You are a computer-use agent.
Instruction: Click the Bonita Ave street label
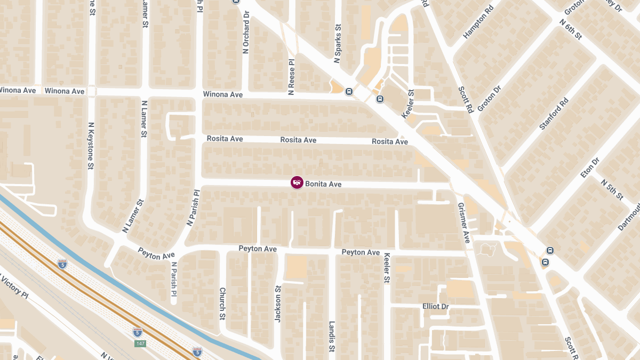click(323, 184)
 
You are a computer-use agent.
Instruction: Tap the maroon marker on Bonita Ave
click(297, 182)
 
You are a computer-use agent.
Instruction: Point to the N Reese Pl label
click(291, 77)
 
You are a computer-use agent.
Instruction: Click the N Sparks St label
click(337, 43)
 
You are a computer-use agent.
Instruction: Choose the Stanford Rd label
click(554, 114)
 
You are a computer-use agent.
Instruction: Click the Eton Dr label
click(590, 168)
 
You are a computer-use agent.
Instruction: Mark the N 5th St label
click(611, 190)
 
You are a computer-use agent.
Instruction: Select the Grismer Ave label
click(463, 222)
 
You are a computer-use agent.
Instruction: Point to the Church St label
click(222, 303)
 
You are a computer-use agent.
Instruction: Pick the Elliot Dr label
click(435, 307)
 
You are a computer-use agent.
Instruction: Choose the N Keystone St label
click(91, 146)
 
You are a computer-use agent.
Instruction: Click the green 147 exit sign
click(140, 343)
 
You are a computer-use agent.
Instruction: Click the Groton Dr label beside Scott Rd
click(490, 99)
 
